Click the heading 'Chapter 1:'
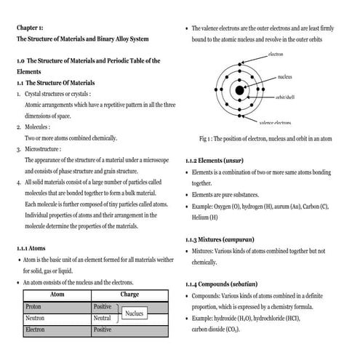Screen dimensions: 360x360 (31, 28)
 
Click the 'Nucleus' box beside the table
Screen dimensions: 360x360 (134, 313)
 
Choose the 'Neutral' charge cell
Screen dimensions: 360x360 (103, 319)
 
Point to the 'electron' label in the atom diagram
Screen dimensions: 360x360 (276, 55)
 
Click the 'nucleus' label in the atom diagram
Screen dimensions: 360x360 (284, 76)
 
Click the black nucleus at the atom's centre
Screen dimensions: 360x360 (239, 90)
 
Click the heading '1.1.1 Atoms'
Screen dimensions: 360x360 (31, 248)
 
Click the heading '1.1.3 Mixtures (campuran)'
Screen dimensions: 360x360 (230, 239)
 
